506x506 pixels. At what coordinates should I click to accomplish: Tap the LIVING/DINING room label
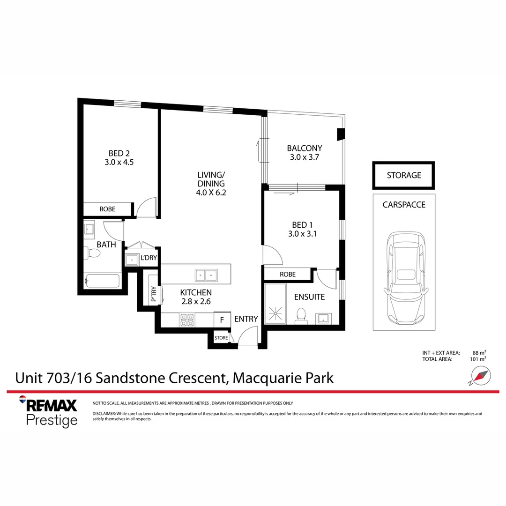click(211, 175)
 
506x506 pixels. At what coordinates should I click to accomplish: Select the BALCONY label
click(305, 149)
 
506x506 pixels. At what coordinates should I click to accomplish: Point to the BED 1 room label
click(302, 225)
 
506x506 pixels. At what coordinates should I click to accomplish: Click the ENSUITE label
click(309, 297)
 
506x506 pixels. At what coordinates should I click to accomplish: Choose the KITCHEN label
click(196, 292)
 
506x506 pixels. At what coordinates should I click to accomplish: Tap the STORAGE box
click(403, 175)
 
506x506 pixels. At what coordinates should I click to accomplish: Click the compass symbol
click(480, 376)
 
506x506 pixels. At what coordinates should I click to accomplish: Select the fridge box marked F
click(222, 320)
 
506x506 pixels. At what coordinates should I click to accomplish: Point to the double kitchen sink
click(206, 275)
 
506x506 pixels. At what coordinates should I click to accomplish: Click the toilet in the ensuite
click(301, 316)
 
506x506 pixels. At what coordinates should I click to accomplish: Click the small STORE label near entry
click(221, 338)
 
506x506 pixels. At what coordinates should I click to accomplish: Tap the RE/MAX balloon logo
click(22, 400)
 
